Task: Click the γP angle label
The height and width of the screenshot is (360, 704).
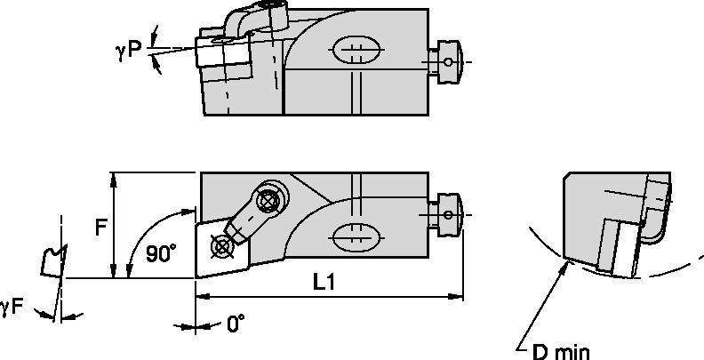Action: [128, 51]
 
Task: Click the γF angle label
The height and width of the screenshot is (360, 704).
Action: [12, 307]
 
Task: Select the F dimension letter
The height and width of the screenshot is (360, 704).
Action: [101, 227]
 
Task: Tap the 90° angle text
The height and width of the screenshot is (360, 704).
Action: [161, 253]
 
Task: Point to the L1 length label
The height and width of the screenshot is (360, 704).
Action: [324, 282]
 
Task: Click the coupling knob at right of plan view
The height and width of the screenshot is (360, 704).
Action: [448, 213]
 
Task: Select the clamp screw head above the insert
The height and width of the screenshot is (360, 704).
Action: [265, 201]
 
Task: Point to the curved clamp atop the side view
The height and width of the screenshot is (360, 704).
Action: [254, 20]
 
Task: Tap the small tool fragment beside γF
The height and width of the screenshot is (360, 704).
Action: [52, 259]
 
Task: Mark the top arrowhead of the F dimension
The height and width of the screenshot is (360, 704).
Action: [114, 178]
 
